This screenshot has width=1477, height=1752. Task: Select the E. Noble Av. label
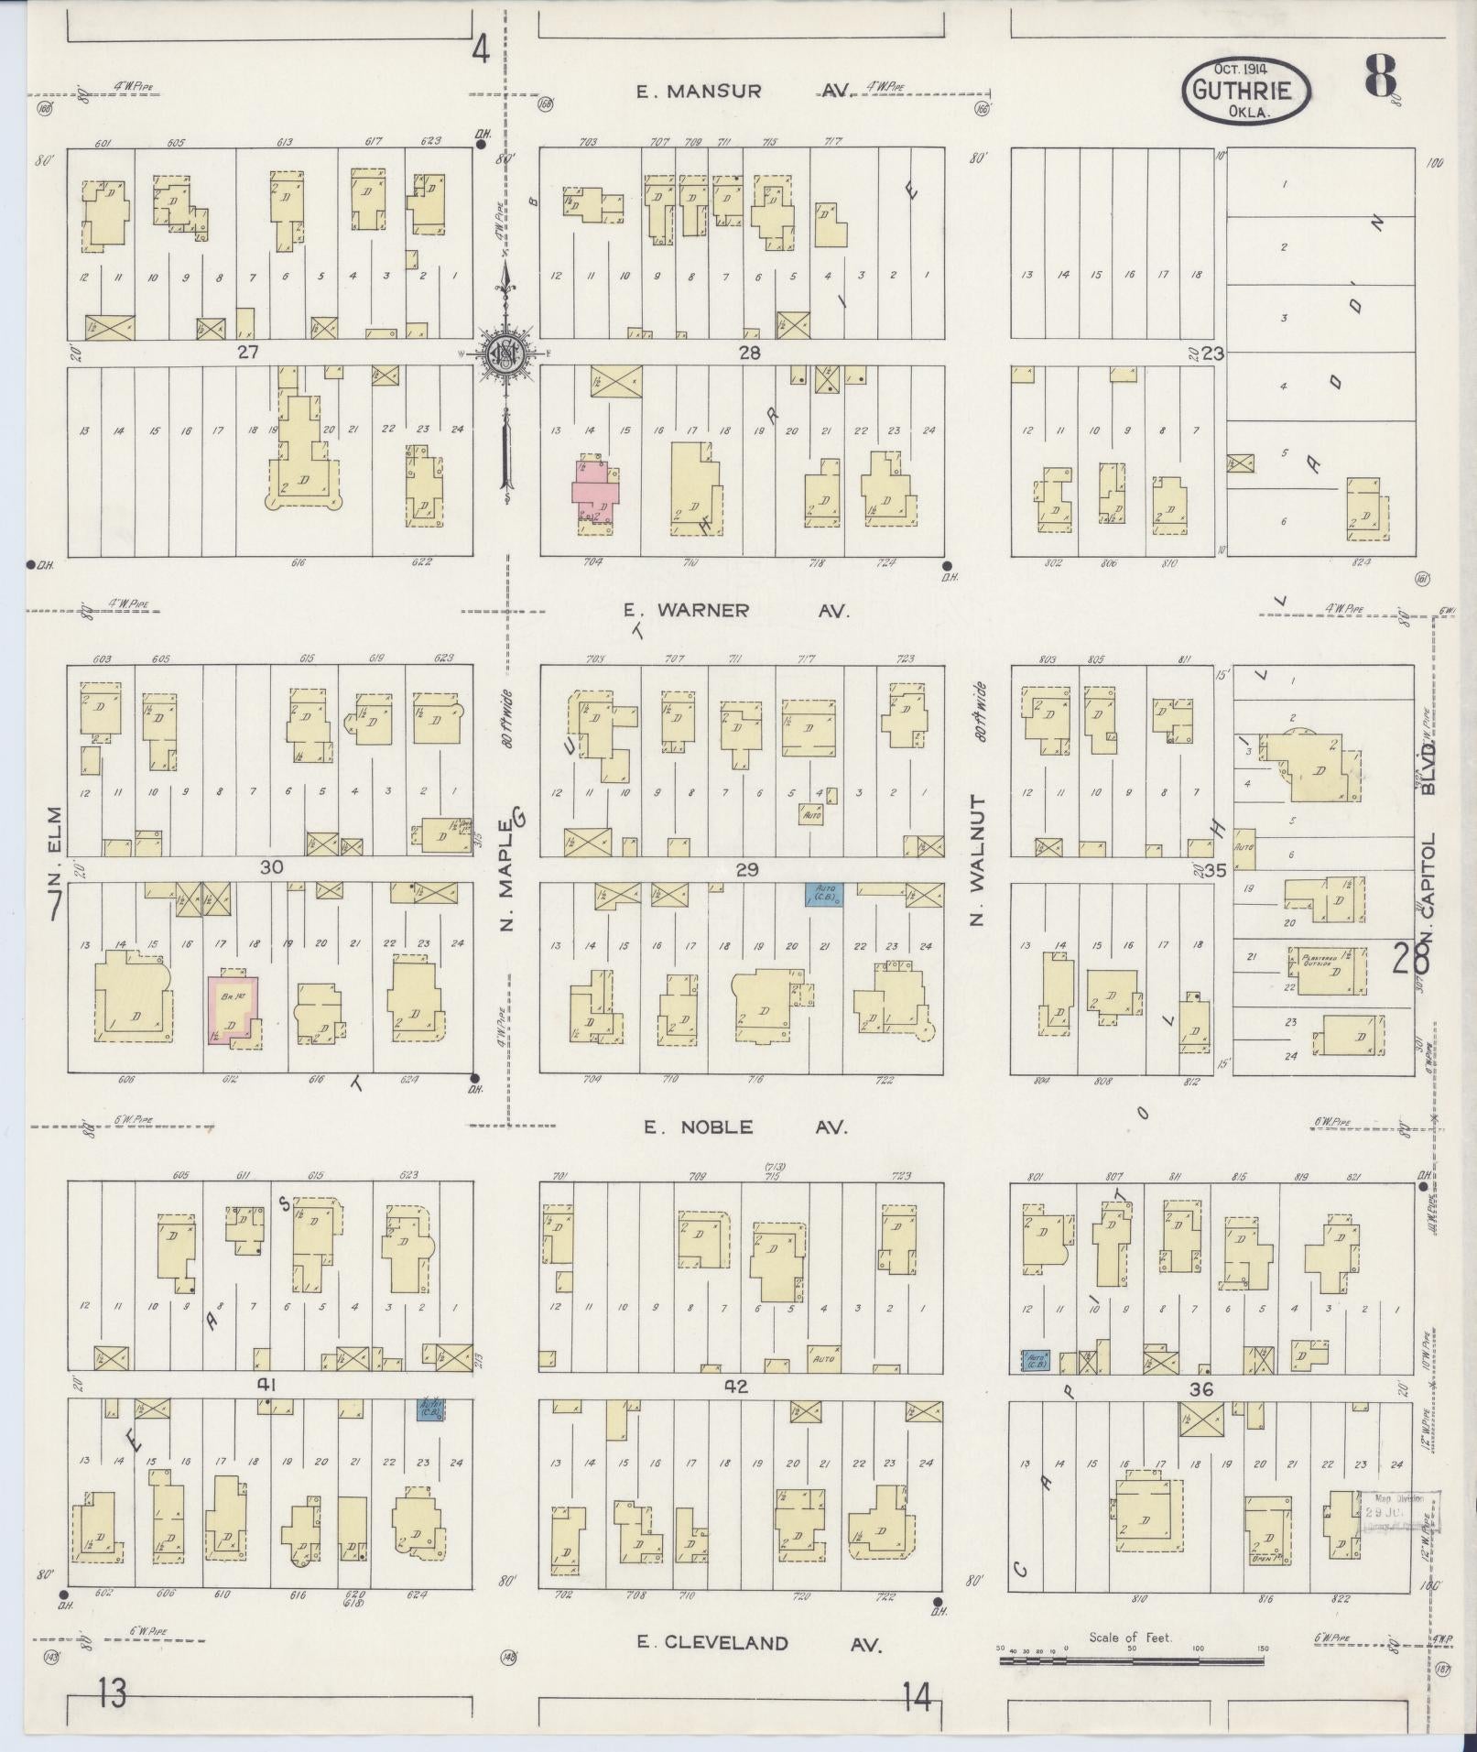click(x=744, y=1126)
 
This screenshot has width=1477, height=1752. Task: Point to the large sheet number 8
click(x=1380, y=76)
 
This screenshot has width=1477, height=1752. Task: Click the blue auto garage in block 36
click(x=1037, y=1360)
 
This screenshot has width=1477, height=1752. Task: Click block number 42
click(x=736, y=1387)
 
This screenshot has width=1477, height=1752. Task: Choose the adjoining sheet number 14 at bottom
click(x=915, y=1699)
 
